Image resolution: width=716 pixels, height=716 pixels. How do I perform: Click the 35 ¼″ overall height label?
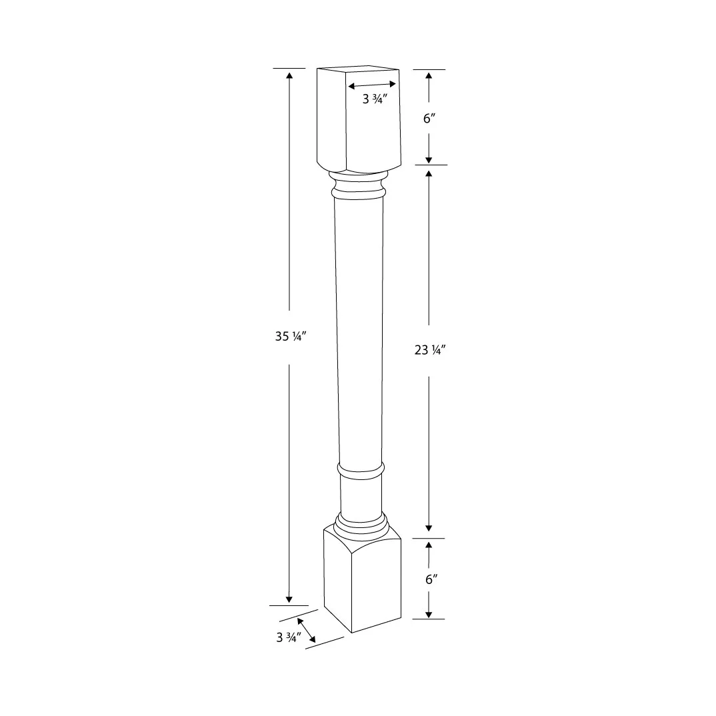tap(289, 337)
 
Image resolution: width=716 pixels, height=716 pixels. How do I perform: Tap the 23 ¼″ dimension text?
tap(429, 350)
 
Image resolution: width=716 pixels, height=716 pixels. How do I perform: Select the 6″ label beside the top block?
tap(429, 118)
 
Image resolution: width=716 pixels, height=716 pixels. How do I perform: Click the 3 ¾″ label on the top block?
tap(375, 99)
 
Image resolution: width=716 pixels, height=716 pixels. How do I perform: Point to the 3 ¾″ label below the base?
tap(289, 637)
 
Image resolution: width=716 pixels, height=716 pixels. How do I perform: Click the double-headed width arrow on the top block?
tap(372, 85)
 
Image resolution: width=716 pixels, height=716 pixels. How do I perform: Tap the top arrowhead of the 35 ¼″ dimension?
tap(289, 75)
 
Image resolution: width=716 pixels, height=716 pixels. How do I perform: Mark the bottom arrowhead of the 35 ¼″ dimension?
tap(289, 599)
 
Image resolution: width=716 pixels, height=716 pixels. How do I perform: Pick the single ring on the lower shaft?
tap(361, 471)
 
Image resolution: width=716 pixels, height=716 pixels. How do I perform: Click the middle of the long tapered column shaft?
tap(359, 327)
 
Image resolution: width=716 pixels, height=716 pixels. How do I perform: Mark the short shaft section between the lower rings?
tap(361, 497)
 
